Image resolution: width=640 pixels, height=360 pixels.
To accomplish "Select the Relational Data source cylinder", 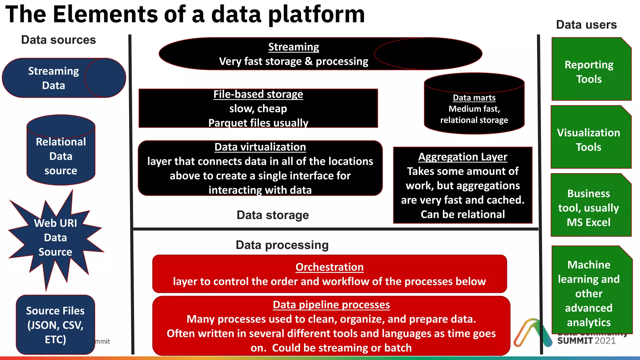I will point(61,153).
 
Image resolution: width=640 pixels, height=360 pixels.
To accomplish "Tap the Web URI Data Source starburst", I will point(55,237).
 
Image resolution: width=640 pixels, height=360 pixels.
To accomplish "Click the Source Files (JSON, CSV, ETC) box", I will point(55,325).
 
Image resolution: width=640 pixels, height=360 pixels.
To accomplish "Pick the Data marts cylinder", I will point(474,106).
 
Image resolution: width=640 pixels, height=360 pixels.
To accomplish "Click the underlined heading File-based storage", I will point(258,94).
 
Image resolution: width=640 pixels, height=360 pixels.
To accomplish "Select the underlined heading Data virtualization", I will point(260,147).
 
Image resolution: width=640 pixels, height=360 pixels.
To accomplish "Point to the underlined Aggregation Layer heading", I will point(462,157).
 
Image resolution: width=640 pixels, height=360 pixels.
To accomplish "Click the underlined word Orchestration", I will point(329,267).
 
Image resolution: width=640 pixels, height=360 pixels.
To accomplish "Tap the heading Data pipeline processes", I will point(331,305).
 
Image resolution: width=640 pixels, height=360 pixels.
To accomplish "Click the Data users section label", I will point(586,25).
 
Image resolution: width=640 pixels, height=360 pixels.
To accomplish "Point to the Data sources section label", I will point(58,40).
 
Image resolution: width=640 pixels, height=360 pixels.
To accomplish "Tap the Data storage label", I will point(272,215).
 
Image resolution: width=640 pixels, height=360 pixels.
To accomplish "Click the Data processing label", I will point(282,245).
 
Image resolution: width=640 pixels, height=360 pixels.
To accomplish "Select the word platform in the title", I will point(316,15).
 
